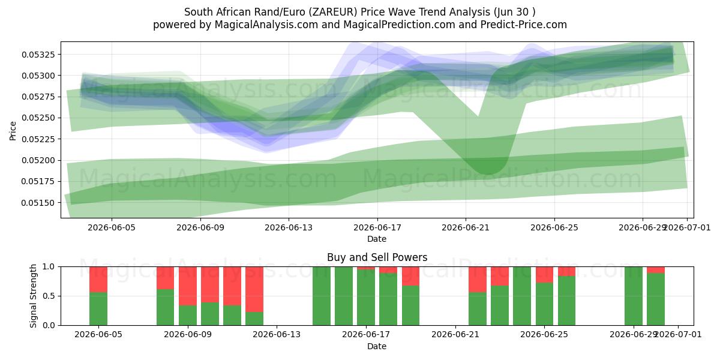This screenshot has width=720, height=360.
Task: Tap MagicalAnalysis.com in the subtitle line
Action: pos(266,25)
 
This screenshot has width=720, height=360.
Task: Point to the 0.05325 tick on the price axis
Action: pos(38,55)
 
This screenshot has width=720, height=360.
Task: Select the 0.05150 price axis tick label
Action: pos(38,203)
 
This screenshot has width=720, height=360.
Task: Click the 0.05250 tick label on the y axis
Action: pos(38,118)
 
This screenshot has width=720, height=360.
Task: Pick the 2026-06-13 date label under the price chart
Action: pos(289,227)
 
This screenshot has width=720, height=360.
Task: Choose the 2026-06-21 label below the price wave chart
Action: pos(466,227)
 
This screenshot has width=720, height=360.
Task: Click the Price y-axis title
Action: pos(13,131)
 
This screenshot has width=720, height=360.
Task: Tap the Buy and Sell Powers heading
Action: pos(377,257)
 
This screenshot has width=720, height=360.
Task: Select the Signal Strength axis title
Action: pos(34,296)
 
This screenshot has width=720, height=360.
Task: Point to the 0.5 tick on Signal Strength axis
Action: pos(49,296)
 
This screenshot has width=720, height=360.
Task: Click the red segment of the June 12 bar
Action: pos(254,289)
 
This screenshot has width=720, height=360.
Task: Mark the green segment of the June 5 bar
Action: pos(98,308)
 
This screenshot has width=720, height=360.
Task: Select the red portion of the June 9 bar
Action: pos(188,286)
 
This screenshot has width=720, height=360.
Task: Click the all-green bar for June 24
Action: pos(522,296)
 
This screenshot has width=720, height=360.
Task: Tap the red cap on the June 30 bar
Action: pos(656,270)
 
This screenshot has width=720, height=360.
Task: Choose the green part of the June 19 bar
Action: pos(410,305)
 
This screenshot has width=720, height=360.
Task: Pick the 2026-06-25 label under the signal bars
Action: pos(544,335)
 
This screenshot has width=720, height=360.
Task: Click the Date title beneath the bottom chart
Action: pos(377,347)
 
